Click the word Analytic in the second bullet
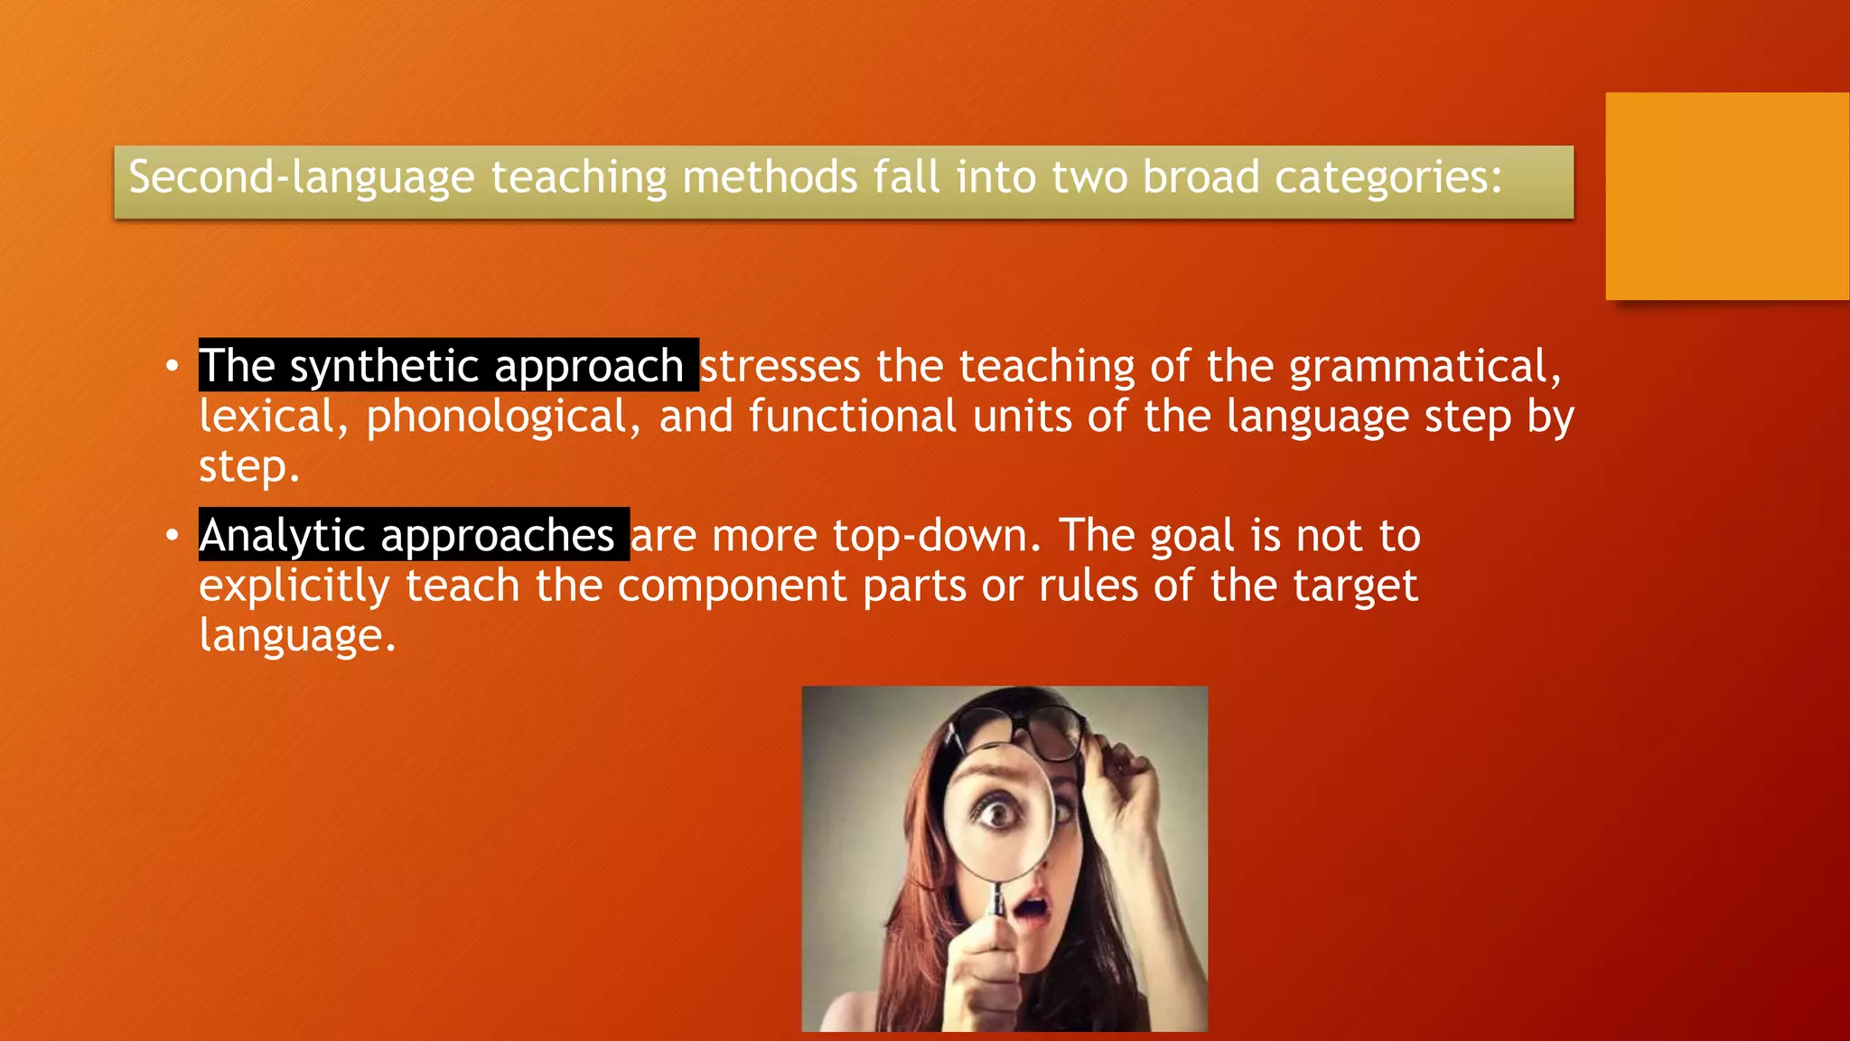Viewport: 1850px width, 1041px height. (x=282, y=535)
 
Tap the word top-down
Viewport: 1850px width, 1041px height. (x=937, y=535)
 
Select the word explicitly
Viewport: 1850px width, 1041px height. (x=294, y=586)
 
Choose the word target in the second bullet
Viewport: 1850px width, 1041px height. (x=1355, y=586)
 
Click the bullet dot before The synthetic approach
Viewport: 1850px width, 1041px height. (x=172, y=367)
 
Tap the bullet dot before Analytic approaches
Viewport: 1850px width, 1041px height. (x=172, y=536)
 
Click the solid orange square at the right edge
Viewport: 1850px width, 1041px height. (x=1727, y=196)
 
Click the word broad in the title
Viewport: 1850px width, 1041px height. (x=1201, y=177)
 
